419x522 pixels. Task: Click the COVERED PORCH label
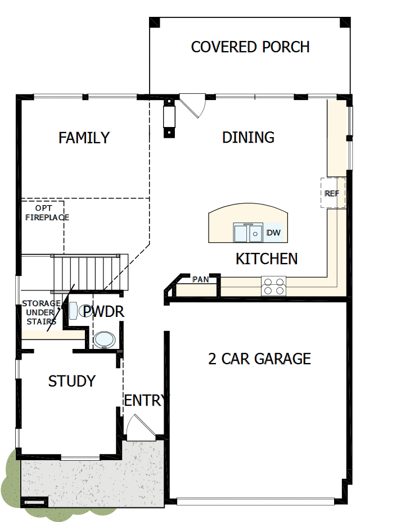[250, 47]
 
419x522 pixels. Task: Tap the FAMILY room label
[84, 138]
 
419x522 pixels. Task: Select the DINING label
[248, 137]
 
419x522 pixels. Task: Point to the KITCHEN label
[266, 259]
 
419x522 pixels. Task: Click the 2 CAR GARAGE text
[259, 358]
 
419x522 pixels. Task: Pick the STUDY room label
[71, 381]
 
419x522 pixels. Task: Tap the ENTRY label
[145, 401]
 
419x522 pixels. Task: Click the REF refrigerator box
[332, 193]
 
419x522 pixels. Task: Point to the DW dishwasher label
[273, 233]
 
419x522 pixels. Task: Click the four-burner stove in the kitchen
[273, 286]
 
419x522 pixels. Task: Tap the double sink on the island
[248, 232]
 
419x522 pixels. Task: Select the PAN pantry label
[200, 279]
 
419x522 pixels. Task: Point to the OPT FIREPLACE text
[47, 212]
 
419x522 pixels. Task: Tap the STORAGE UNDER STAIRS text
[41, 312]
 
